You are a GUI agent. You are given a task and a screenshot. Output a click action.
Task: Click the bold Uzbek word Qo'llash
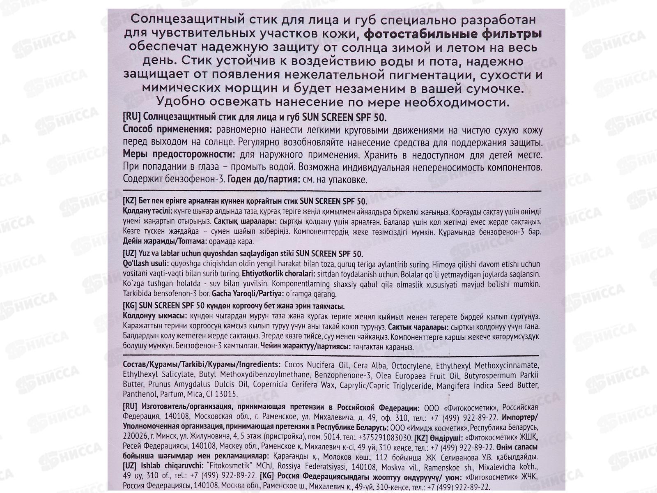[x=137, y=264]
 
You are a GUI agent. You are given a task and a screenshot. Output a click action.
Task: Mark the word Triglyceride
[x=406, y=385]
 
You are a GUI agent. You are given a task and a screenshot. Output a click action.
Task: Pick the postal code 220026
[x=136, y=437]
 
